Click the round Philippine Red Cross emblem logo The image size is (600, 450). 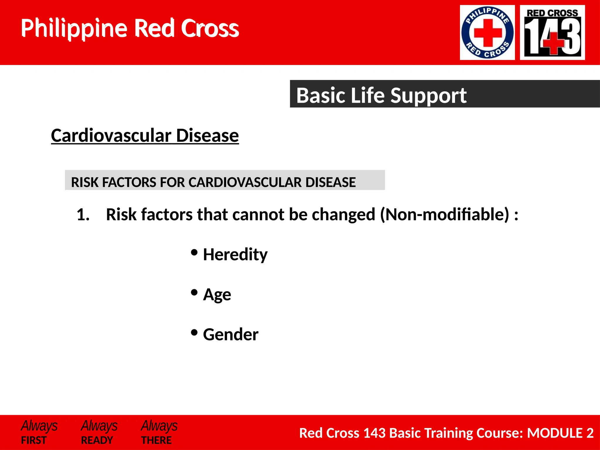487,33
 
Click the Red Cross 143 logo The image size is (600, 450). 552,33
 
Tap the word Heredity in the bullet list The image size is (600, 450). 235,254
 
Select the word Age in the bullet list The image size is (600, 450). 217,294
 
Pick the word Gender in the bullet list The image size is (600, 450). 231,334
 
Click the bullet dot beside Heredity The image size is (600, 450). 194,252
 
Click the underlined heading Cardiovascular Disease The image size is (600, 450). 145,136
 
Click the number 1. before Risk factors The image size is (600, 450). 83,214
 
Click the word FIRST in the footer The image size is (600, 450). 34,440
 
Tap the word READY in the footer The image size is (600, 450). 97,440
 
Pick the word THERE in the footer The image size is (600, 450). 156,440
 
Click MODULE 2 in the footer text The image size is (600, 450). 560,433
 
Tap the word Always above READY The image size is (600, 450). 99,426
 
